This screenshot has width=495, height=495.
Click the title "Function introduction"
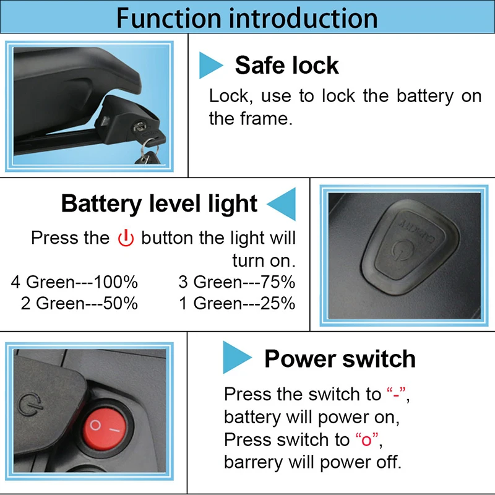pos(247,17)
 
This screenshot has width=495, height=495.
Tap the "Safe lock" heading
pos(286,65)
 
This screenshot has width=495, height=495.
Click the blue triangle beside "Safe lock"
pos(210,65)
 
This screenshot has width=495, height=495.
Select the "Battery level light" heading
pos(159,204)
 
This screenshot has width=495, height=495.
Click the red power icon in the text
pos(126,238)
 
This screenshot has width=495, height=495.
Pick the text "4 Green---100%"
pos(74,283)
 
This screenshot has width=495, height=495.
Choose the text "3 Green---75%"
pos(236,283)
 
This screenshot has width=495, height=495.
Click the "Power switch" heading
pos(340,359)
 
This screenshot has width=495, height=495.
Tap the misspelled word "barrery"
pos(251,462)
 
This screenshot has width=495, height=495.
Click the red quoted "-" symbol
pos(397,394)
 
